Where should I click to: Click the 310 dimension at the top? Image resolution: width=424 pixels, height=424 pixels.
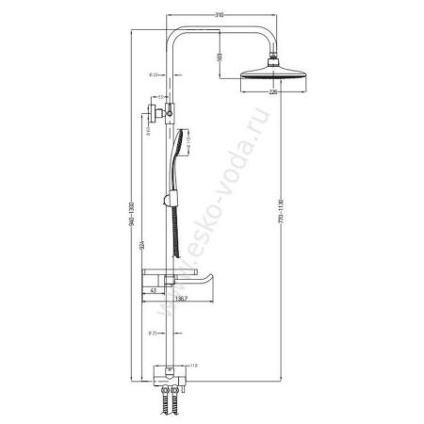coord(220,16)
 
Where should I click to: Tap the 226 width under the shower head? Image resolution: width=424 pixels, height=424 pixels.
coord(272,92)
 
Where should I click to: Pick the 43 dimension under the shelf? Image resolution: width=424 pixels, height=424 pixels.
coord(155,291)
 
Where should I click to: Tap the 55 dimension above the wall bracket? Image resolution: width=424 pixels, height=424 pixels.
coord(161,97)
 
